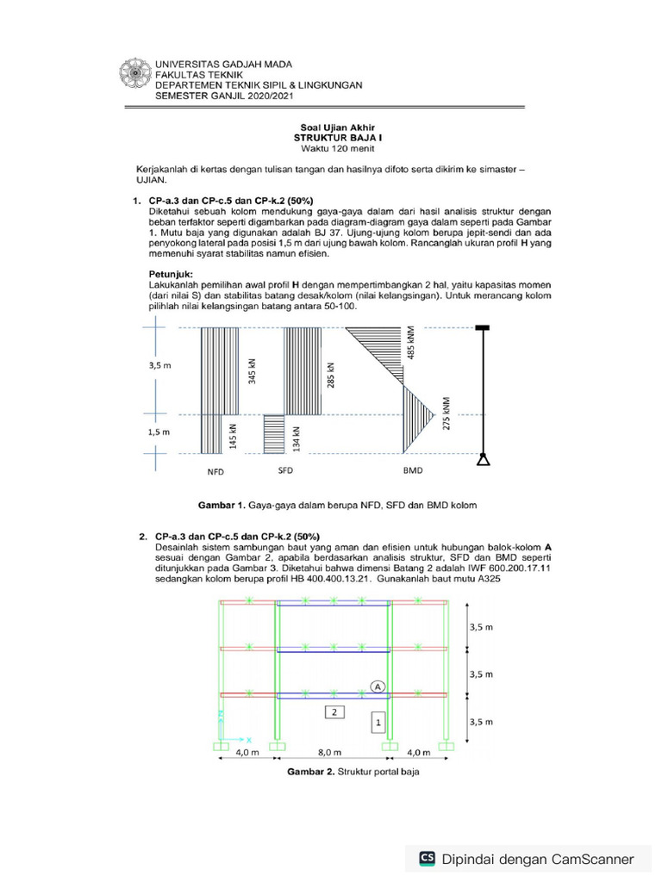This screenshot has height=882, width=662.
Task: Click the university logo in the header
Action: (x=136, y=79)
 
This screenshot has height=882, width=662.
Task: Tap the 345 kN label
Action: (x=252, y=371)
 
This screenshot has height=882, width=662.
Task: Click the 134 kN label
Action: (x=295, y=438)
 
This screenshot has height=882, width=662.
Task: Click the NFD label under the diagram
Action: (x=215, y=472)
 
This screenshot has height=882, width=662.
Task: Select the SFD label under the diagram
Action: (x=285, y=471)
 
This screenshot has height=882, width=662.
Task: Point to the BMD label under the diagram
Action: (x=414, y=472)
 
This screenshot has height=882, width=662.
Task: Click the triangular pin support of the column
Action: (x=484, y=460)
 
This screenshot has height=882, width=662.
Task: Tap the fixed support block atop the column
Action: (x=483, y=327)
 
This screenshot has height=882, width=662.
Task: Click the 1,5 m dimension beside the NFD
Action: (x=161, y=432)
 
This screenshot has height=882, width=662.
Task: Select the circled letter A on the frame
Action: (x=378, y=685)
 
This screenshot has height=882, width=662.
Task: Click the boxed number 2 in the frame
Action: (x=334, y=711)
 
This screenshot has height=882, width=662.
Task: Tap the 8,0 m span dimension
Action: (x=332, y=752)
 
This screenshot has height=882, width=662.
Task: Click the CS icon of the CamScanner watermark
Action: (x=427, y=858)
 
